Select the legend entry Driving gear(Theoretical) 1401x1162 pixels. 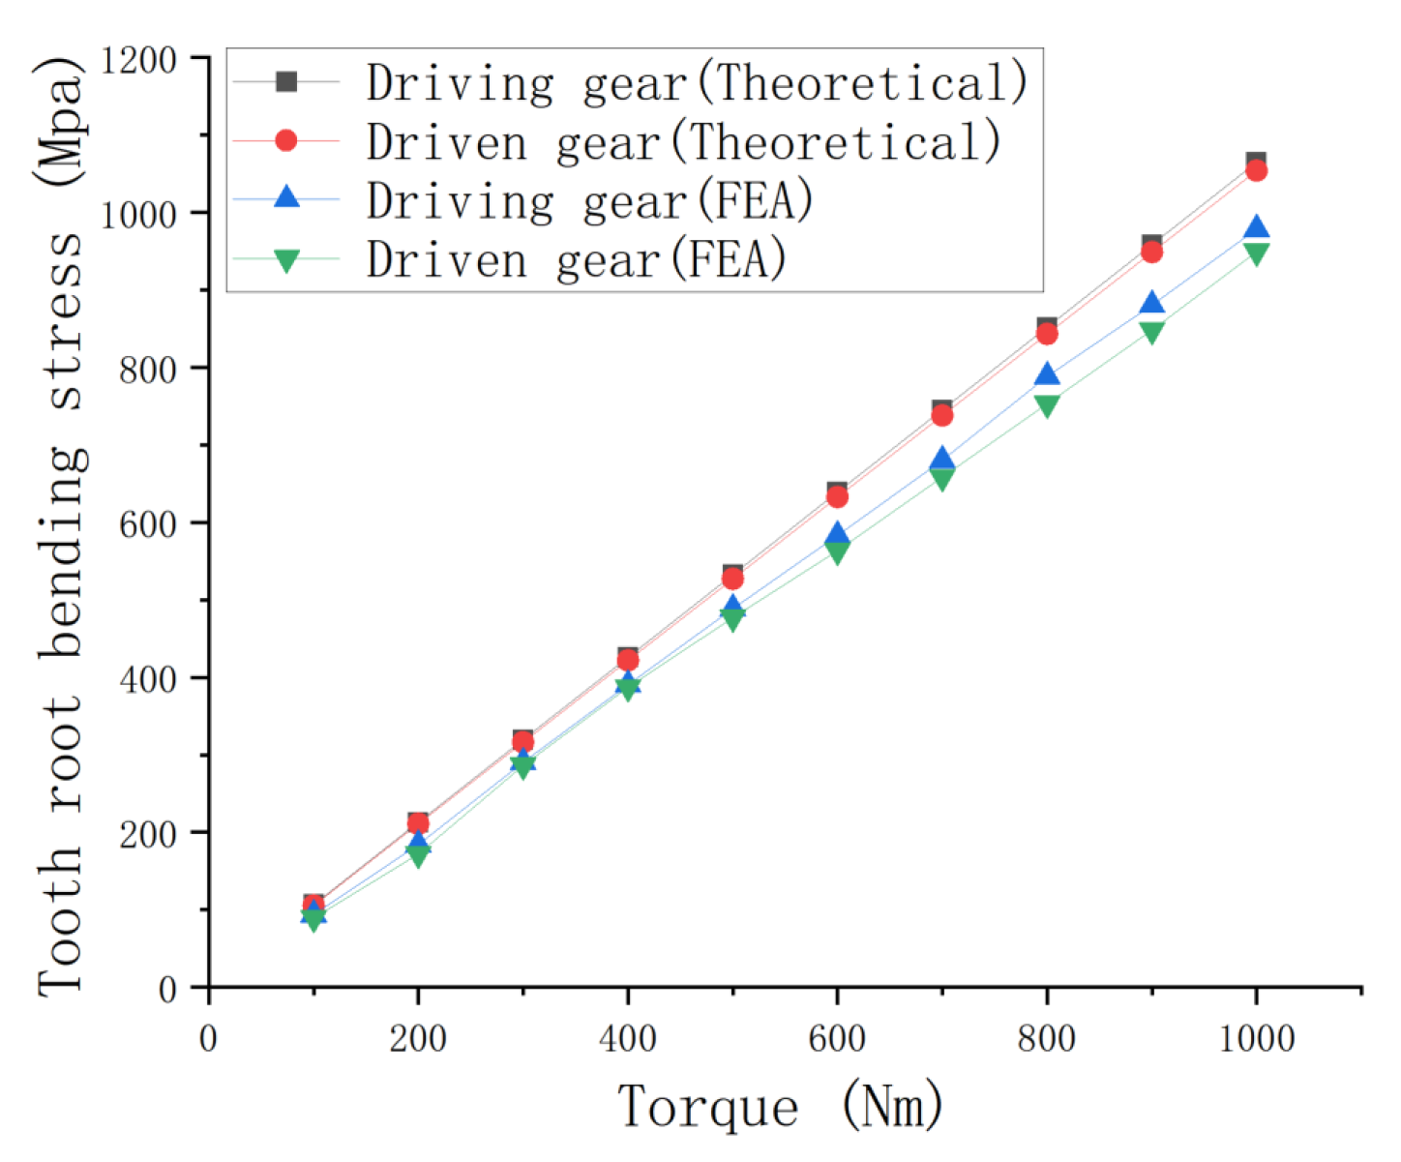[697, 82]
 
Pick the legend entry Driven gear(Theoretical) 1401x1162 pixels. [683, 141]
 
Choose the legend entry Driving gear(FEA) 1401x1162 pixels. [589, 200]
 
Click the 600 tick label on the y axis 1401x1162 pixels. [147, 523]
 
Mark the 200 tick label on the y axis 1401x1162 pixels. [147, 833]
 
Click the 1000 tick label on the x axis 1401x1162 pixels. [1256, 1039]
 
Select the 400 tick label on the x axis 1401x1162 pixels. [627, 1039]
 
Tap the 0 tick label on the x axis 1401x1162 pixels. [208, 1039]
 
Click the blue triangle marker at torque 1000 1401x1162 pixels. [1256, 228]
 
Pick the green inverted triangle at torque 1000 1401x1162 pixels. [1256, 254]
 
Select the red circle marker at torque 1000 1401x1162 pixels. [1256, 170]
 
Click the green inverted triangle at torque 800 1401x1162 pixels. [1047, 405]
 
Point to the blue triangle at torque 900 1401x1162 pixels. [1151, 304]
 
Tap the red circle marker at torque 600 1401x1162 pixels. [837, 497]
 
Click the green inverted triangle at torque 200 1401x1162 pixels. [418, 855]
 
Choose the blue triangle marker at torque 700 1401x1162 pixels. [941, 460]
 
